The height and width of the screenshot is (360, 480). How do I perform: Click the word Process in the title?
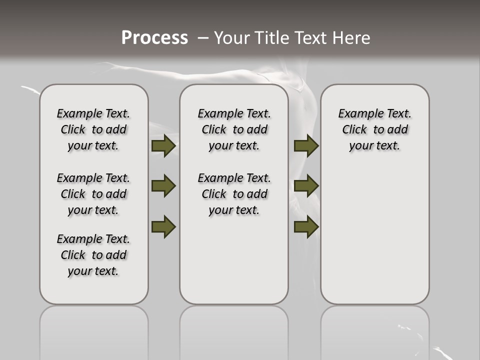click(154, 38)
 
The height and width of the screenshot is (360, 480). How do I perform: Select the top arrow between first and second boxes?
click(163, 145)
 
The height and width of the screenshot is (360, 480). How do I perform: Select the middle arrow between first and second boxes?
click(163, 186)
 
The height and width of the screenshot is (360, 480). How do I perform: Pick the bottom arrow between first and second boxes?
click(163, 226)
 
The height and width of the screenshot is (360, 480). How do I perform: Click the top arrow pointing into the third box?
click(306, 145)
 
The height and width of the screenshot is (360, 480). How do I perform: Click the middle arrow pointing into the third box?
click(306, 186)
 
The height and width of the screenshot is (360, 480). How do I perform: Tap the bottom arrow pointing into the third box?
click(306, 226)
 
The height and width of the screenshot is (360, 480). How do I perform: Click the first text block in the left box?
click(93, 129)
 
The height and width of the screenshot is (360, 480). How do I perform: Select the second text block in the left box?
click(93, 194)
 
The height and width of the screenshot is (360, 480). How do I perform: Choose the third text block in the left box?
click(93, 255)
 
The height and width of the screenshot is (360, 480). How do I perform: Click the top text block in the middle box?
click(234, 129)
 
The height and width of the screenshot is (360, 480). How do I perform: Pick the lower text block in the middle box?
click(234, 194)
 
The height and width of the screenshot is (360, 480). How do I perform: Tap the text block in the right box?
click(374, 129)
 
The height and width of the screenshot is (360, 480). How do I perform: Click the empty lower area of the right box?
click(374, 235)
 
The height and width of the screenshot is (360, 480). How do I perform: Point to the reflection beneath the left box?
click(93, 330)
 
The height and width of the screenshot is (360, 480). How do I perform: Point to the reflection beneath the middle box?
click(234, 330)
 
